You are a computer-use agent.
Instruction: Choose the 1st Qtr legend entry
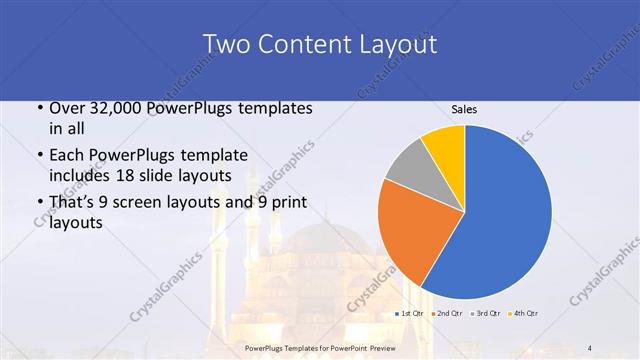[x=411, y=315]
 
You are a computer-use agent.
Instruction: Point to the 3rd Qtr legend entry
[x=486, y=315]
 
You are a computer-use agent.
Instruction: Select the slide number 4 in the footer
[x=589, y=347]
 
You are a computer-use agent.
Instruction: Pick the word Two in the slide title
[x=225, y=44]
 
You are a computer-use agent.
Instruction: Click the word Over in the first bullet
[x=67, y=108]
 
